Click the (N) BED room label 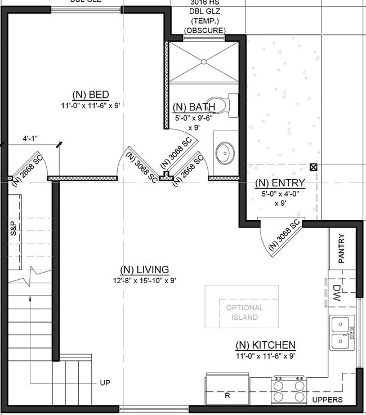click(x=90, y=94)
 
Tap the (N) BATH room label click(x=194, y=107)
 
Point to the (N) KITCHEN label click(x=265, y=345)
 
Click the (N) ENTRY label click(x=280, y=183)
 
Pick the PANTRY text click(x=342, y=248)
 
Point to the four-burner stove click(x=289, y=389)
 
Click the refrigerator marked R click(x=227, y=395)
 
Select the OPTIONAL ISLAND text click(x=244, y=313)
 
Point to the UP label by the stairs click(x=105, y=383)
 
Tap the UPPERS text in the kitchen click(x=328, y=400)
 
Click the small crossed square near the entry click(x=313, y=167)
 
